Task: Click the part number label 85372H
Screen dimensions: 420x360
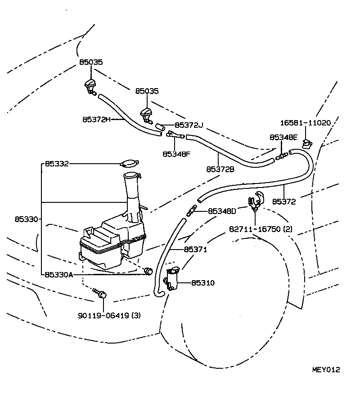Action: pyautogui.click(x=96, y=120)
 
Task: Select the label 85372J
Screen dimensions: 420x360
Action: pyautogui.click(x=189, y=125)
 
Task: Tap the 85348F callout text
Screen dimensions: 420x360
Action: pyautogui.click(x=176, y=154)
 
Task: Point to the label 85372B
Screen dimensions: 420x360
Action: pyautogui.click(x=220, y=170)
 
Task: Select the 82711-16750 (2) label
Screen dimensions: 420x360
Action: pyautogui.click(x=261, y=229)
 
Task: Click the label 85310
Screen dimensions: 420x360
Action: pyautogui.click(x=203, y=283)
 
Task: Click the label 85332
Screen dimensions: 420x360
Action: pyautogui.click(x=56, y=164)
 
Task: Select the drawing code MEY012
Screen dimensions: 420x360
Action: pyautogui.click(x=326, y=370)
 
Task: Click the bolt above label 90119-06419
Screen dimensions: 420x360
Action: pyautogui.click(x=100, y=294)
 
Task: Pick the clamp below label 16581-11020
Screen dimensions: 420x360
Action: pyautogui.click(x=307, y=144)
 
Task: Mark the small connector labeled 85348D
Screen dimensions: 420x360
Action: pyautogui.click(x=192, y=210)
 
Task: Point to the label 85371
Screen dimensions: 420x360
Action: pyautogui.click(x=195, y=250)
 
